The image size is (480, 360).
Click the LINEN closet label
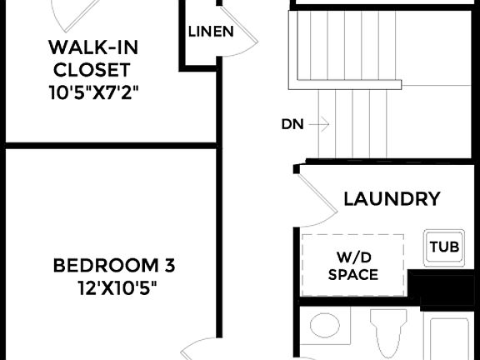click(x=209, y=32)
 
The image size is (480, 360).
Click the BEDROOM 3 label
click(x=114, y=267)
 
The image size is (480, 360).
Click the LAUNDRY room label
click(x=392, y=199)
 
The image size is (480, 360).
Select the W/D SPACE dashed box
click(x=352, y=265)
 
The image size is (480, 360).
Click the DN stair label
click(x=292, y=125)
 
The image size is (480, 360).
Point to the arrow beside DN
click(x=318, y=125)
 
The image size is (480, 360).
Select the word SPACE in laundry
click(x=352, y=274)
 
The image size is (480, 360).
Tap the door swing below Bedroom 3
click(x=200, y=348)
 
